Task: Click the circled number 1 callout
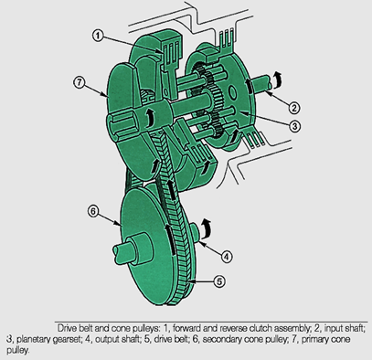tap(98, 36)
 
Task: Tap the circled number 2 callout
tap(293, 108)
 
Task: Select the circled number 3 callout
tap(294, 126)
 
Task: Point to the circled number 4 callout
tap(226, 257)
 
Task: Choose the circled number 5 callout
tap(219, 281)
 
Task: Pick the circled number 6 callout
tap(93, 211)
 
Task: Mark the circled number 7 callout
tap(80, 82)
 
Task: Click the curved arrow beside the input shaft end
tap(276, 79)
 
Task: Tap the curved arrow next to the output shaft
tap(206, 228)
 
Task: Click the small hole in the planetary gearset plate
tap(233, 92)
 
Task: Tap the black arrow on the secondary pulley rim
tap(170, 239)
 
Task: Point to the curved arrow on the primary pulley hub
tap(149, 119)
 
